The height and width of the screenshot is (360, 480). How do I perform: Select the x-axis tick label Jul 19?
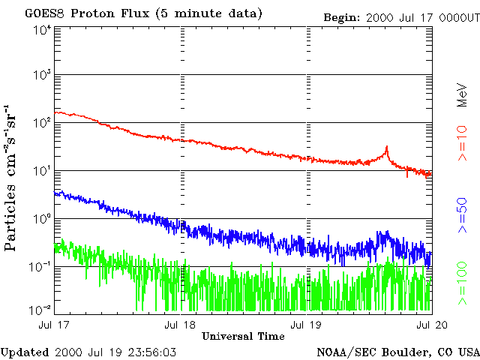pos(306,325)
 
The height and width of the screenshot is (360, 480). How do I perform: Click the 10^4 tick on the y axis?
pos(42,30)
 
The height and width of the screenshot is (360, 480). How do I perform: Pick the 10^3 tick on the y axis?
pos(42,76)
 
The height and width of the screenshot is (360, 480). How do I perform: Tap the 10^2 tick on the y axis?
pos(42,123)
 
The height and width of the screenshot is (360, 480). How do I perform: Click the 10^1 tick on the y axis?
pos(42,171)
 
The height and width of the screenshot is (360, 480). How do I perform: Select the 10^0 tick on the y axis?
pos(42,219)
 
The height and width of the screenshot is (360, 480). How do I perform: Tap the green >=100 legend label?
pos(463,283)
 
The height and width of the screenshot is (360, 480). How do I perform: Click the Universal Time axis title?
pos(243,336)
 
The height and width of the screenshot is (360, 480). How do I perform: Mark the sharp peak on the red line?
pos(386,147)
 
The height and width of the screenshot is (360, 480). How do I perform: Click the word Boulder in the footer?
pos(407,352)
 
